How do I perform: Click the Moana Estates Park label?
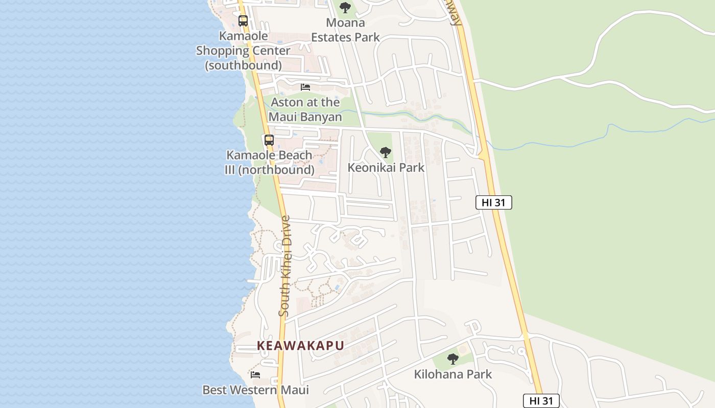click(346, 30)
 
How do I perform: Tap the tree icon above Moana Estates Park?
click(345, 8)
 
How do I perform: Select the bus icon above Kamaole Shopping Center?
click(243, 21)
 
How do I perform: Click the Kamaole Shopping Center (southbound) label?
click(243, 50)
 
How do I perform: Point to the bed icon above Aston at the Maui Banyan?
click(305, 87)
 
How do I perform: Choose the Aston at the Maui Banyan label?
click(305, 109)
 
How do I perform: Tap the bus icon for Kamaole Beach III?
click(269, 140)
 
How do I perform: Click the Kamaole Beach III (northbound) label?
click(269, 162)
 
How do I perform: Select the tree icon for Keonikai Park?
click(386, 152)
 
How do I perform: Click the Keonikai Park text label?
click(386, 167)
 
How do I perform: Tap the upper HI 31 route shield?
click(493, 202)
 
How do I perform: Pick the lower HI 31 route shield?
click(541, 401)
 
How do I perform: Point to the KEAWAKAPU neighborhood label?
click(300, 346)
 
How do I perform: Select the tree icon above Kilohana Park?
click(452, 359)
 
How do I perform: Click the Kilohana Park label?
click(452, 374)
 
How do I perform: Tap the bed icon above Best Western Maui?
click(255, 375)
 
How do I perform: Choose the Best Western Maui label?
click(255, 390)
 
